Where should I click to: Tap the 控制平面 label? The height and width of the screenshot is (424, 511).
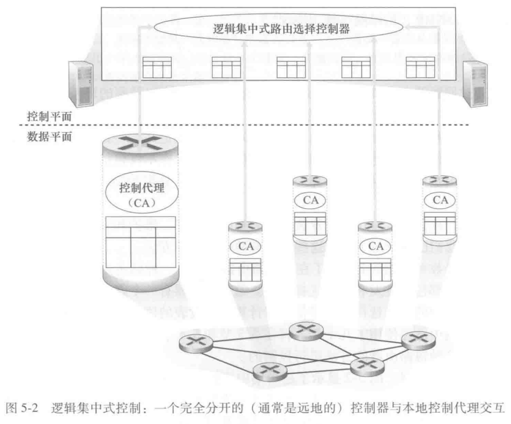pyautogui.click(x=44, y=119)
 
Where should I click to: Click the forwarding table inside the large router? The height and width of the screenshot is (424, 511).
pyautogui.click(x=141, y=242)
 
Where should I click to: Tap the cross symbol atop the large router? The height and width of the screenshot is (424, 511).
pyautogui.click(x=141, y=142)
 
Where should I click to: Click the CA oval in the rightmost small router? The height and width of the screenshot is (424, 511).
pyautogui.click(x=440, y=200)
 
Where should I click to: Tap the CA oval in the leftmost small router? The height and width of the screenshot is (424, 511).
pyautogui.click(x=244, y=245)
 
